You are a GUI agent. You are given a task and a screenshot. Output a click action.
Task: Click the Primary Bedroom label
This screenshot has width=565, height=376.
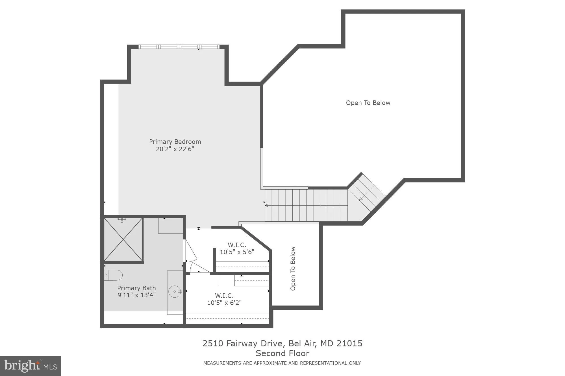pos(175,142)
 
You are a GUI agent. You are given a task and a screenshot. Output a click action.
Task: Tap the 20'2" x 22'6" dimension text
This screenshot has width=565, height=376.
pos(175,149)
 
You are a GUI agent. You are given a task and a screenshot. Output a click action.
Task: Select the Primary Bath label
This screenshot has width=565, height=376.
pos(136,288)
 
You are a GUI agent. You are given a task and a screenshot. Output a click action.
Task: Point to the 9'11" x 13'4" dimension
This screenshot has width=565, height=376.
pos(136,295)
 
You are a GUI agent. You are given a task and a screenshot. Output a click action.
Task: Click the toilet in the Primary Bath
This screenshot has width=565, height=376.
pos(114,275)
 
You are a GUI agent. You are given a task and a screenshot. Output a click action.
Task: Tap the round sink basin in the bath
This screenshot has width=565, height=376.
pos(175,292)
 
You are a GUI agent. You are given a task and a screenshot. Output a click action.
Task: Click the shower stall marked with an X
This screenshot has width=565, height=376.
pos(123,239)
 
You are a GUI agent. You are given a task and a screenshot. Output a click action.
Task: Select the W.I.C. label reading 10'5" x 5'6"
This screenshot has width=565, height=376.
pos(237,248)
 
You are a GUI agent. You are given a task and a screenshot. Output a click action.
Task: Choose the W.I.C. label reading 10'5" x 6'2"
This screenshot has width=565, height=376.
pos(224,299)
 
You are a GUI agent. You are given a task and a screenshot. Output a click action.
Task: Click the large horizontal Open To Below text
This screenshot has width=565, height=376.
pos(368,103)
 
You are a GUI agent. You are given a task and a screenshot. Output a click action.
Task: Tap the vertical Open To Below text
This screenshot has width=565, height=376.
pos(293,269)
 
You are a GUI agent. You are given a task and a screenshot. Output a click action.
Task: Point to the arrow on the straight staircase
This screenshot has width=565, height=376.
pos(266,205)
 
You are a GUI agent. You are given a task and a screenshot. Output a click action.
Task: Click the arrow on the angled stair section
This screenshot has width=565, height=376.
pos(361,199)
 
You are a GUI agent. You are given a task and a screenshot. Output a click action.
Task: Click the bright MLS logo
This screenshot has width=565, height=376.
pos(30,366)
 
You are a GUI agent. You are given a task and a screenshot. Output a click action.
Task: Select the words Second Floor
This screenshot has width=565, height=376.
pos(282,353)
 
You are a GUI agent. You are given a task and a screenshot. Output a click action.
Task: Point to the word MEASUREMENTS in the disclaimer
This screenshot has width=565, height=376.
pos(222,363)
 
